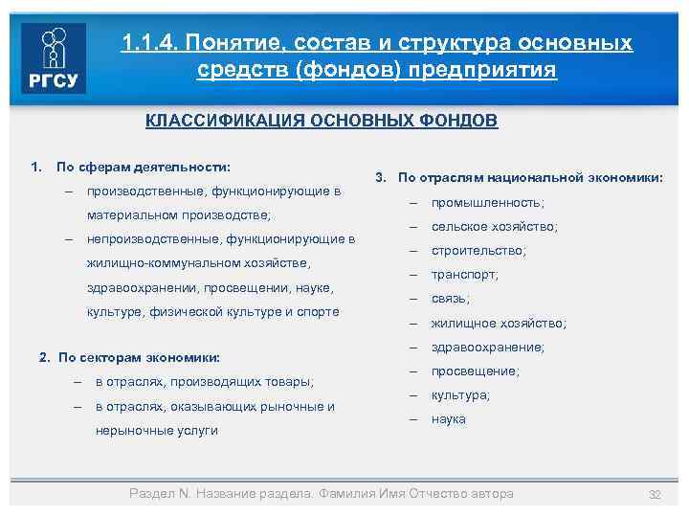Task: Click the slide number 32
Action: (x=656, y=494)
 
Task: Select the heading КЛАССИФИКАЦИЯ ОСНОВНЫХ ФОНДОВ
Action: (x=322, y=122)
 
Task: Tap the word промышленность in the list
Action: (x=487, y=203)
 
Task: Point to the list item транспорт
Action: (x=464, y=275)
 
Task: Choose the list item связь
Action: (x=449, y=299)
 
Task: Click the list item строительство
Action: (x=478, y=251)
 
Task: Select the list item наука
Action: (x=448, y=419)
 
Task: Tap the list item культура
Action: (x=460, y=395)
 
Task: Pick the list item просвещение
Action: (x=476, y=371)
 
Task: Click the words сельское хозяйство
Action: (x=494, y=227)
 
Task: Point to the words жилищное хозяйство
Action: (x=499, y=324)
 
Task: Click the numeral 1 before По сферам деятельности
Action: (x=35, y=167)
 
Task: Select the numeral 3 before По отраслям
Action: (x=380, y=177)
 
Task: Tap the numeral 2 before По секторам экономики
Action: (x=44, y=357)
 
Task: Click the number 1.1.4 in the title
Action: (x=149, y=43)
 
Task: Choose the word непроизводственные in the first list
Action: (x=148, y=238)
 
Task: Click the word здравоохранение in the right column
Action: (x=488, y=348)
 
